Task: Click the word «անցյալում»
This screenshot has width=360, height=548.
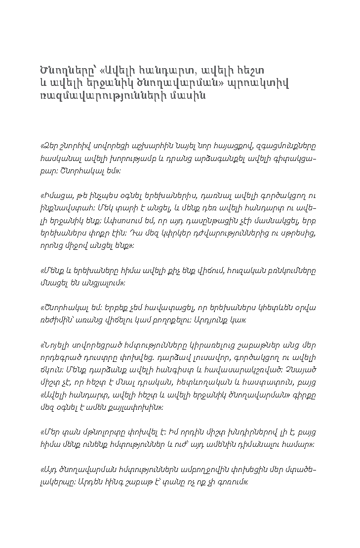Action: coord(97,283)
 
